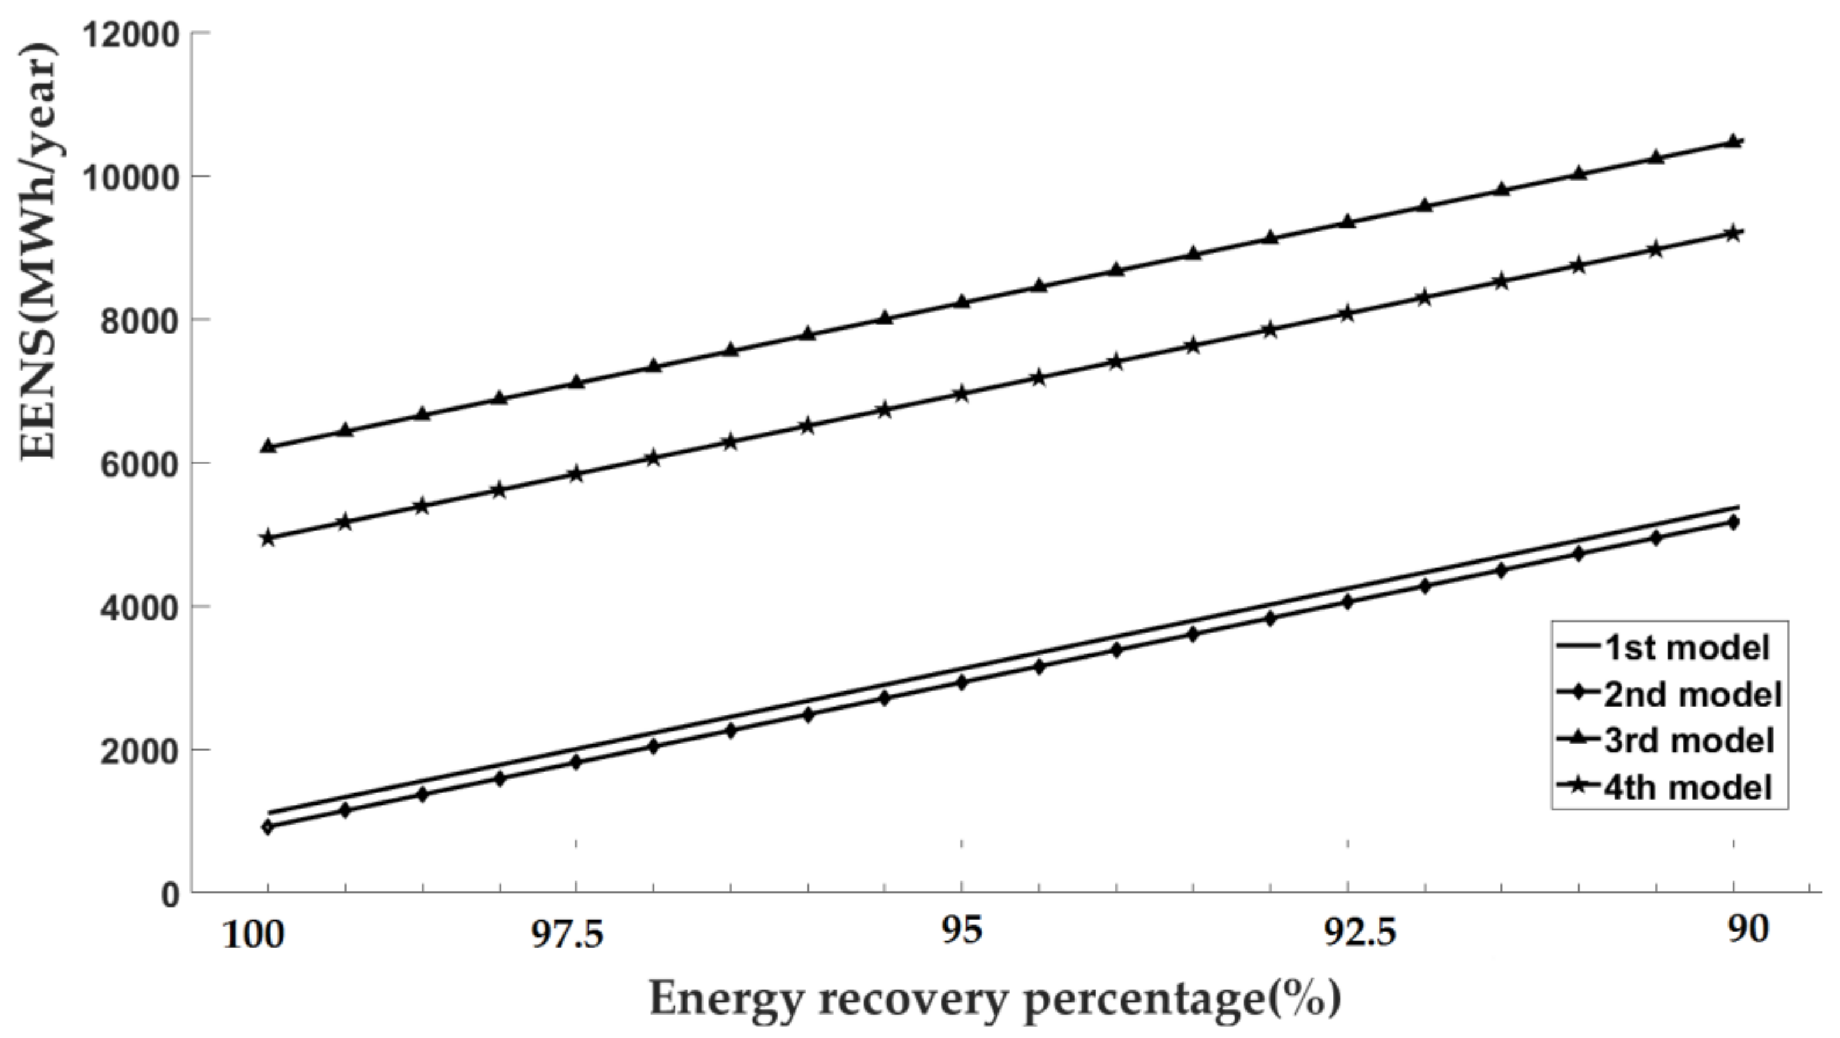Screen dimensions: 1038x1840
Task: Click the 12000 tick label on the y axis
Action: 130,34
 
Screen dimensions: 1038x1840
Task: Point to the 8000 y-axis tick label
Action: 138,321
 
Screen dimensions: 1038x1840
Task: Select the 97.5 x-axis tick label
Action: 567,934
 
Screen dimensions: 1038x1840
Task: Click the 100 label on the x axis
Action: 253,934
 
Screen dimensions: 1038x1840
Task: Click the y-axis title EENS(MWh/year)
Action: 37,250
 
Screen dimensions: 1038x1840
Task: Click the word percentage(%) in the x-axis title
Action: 1182,999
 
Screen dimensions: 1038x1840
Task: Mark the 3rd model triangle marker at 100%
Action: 269,446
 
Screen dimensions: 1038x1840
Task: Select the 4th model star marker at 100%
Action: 268,538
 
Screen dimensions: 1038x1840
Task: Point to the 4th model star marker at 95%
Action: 962,394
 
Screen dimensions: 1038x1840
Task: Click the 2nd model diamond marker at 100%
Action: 268,827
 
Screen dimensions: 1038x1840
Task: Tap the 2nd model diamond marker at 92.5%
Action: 1348,602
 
